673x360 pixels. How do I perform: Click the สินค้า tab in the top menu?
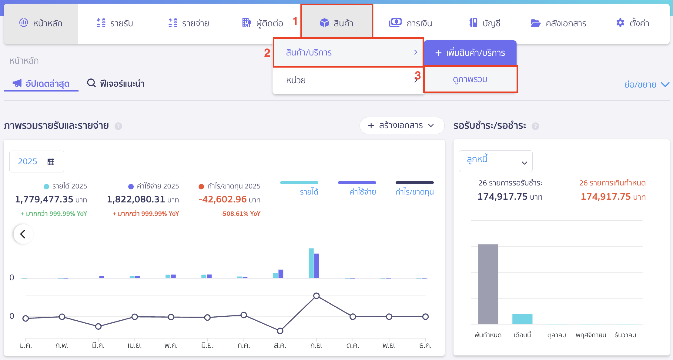[336, 23]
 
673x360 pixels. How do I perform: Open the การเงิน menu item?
[410, 23]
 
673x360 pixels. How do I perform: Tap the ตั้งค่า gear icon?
[620, 23]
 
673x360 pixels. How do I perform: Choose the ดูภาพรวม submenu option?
[470, 79]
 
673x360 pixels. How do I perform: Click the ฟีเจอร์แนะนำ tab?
[116, 83]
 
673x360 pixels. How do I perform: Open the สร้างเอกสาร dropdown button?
[401, 125]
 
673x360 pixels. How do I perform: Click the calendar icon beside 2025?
[51, 162]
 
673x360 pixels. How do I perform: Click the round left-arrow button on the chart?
[23, 234]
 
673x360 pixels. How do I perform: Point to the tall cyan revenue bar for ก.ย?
[311, 263]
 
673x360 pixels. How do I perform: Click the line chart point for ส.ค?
[280, 331]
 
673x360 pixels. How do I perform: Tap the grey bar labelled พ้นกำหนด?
[488, 284]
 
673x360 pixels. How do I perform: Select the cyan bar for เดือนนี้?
[522, 319]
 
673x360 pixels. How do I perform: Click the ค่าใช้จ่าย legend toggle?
[363, 192]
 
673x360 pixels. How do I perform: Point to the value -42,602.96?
[223, 199]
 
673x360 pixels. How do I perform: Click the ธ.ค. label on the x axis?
[425, 345]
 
